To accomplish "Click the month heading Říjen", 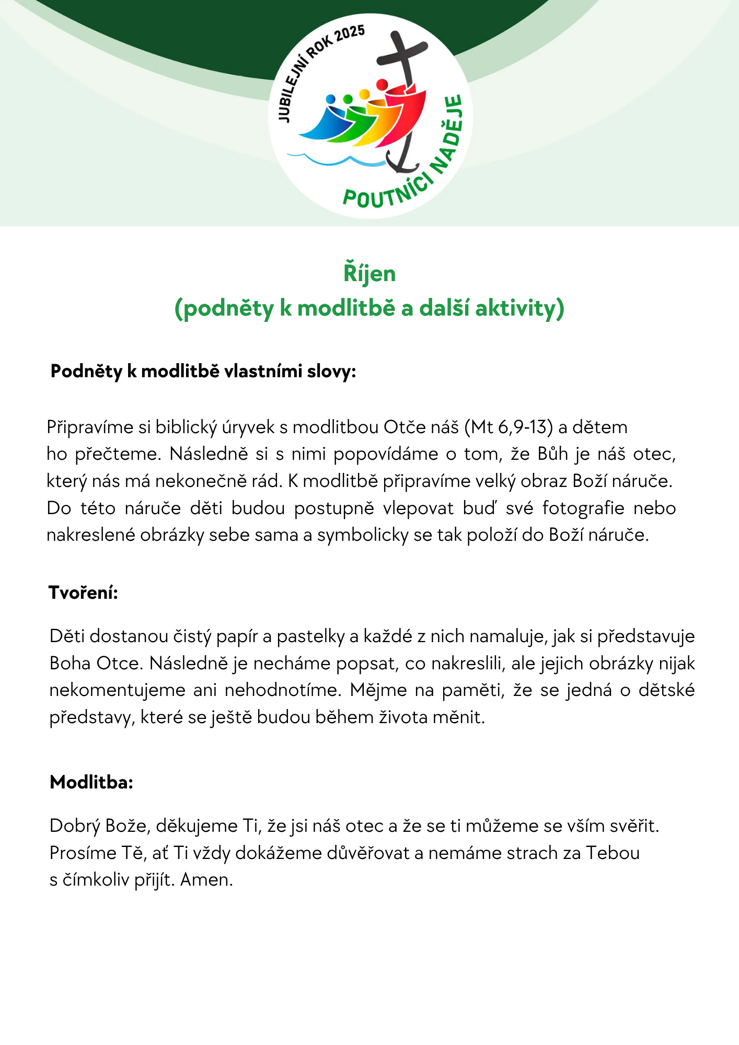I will [369, 274].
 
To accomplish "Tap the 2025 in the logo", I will [350, 34].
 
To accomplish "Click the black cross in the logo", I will [403, 55].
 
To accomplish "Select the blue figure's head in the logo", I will [330, 99].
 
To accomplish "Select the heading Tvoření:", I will [83, 593].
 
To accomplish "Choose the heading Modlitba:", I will [91, 782].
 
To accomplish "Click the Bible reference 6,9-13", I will [524, 427].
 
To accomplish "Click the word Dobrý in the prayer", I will [75, 826].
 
